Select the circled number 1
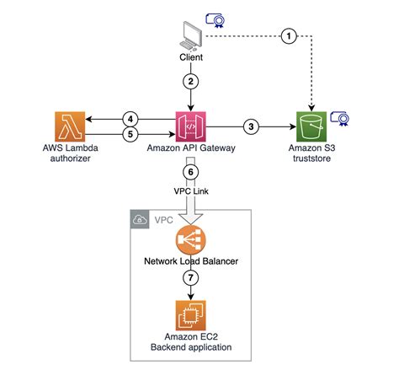289,35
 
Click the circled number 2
192,83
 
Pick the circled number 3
250,126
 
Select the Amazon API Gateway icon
192,126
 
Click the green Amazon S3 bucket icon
311,126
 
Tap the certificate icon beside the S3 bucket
339,117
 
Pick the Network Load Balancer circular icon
192,239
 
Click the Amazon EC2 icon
192,314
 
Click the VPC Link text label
192,190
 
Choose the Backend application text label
192,347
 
